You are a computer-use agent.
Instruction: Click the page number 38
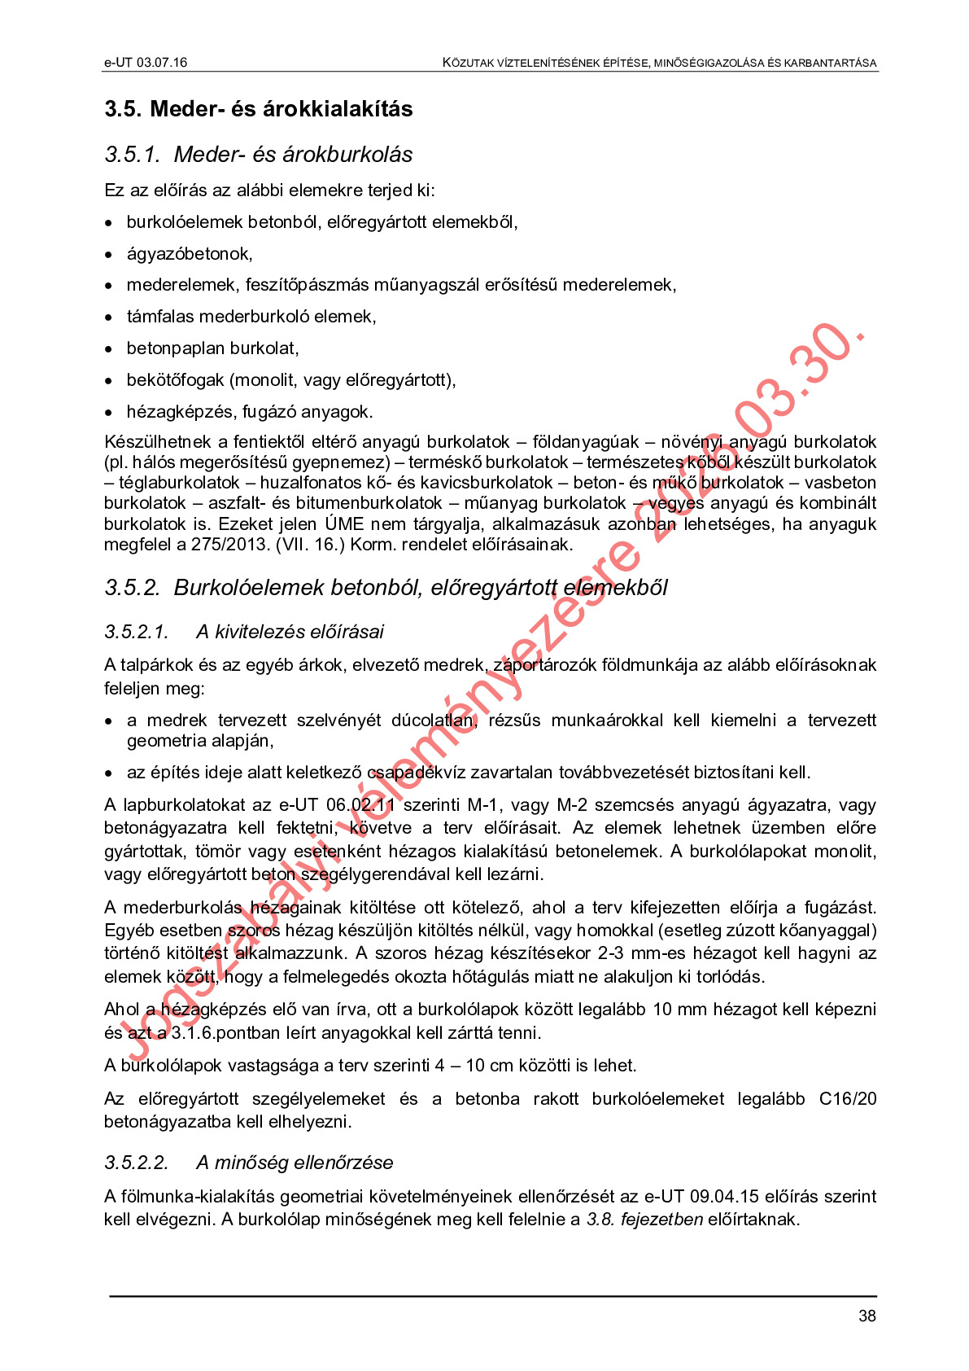[866, 1316]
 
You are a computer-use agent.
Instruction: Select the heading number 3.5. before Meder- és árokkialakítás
[123, 109]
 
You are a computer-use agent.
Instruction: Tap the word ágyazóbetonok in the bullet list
[189, 254]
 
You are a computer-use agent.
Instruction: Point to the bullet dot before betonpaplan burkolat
[109, 349]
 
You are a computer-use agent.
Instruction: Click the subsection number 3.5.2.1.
[136, 632]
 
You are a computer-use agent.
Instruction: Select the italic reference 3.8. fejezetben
[644, 1220]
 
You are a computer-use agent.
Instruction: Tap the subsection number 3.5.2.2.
[136, 1163]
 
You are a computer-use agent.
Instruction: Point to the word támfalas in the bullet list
[159, 317]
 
